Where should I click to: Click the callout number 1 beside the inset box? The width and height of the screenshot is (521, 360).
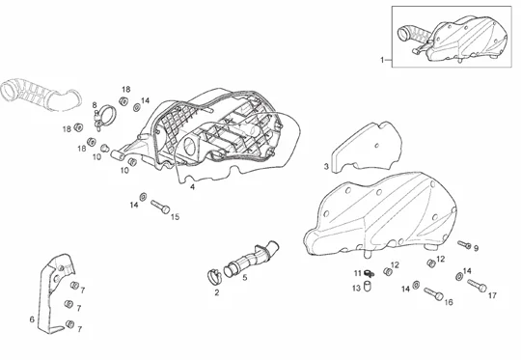(382, 60)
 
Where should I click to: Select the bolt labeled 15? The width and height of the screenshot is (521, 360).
(160, 207)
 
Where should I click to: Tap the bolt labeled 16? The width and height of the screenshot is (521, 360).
(433, 293)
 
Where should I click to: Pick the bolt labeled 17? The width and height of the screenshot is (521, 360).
(477, 286)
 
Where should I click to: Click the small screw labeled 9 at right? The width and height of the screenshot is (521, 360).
(464, 244)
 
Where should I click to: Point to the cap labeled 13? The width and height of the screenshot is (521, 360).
(368, 286)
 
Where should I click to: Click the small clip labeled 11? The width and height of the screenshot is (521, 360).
(369, 273)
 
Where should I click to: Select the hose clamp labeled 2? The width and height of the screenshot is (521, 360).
(214, 276)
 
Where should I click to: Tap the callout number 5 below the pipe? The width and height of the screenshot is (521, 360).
(245, 277)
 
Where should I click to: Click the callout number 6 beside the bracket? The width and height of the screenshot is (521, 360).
(32, 319)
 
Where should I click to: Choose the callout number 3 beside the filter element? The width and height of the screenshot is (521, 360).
(326, 167)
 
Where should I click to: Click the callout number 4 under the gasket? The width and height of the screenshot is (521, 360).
(192, 187)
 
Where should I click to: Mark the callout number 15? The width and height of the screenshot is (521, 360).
(175, 217)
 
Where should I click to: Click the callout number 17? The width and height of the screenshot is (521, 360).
(492, 295)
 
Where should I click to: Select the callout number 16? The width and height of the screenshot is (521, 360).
(449, 302)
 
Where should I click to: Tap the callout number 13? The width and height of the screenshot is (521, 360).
(356, 289)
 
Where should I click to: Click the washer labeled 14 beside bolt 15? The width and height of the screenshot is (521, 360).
(143, 197)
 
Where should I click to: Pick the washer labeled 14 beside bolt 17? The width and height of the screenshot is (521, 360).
(459, 276)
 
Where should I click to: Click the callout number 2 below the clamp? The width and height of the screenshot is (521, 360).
(217, 292)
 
